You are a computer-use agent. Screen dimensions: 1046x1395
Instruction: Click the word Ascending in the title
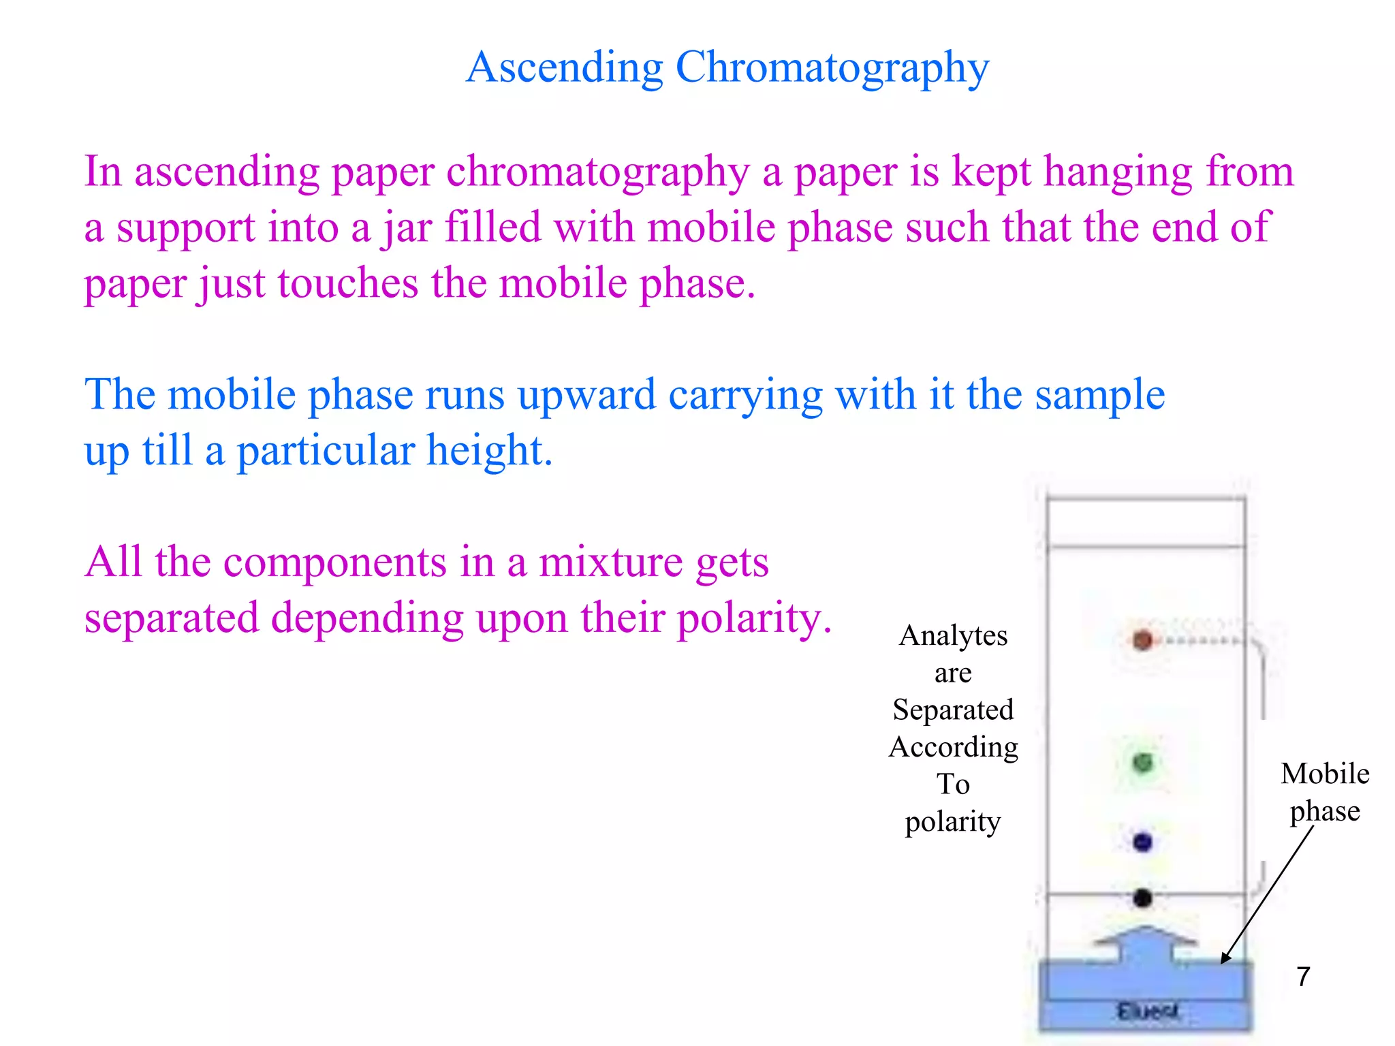pos(564,68)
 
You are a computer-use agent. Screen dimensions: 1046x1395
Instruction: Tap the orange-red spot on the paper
pos(1142,640)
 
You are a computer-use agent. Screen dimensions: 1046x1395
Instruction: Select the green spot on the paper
pos(1142,763)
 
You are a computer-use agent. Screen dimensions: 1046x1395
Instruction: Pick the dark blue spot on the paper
pos(1142,842)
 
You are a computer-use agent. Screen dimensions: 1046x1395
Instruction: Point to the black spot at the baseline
pos(1142,898)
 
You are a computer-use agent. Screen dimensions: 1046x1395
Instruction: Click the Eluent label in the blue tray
pos(1147,1011)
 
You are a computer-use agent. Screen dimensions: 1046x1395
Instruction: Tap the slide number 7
pos(1303,977)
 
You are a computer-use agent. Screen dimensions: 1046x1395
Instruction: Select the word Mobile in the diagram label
pos(1325,774)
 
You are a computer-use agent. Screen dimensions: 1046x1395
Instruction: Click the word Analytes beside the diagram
pos(953,636)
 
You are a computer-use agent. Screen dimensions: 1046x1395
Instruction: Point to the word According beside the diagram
pos(953,748)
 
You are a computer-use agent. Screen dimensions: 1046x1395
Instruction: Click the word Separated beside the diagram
pos(953,710)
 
